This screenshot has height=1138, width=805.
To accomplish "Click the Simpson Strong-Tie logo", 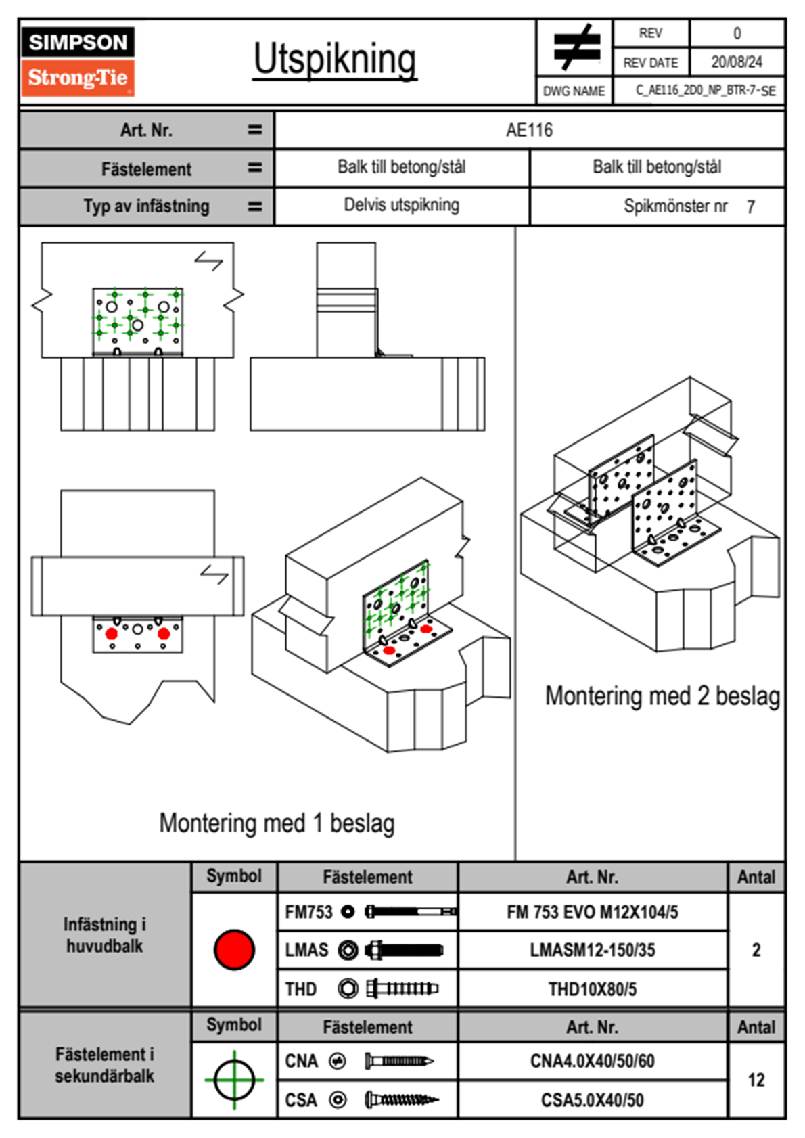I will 78,61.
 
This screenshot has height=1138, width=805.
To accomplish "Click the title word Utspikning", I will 335,60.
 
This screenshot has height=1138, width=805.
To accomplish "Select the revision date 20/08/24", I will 736,62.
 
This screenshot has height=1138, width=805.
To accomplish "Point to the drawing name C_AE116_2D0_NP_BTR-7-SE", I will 705,91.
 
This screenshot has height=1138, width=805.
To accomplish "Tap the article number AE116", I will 529,130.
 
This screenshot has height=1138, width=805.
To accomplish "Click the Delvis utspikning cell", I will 401,205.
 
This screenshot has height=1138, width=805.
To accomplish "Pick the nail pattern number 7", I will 750,207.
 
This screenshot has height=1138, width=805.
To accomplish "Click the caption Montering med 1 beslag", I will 277,823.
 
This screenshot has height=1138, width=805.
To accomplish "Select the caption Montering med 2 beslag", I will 662,696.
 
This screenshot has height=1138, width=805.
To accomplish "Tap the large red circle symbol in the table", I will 234,949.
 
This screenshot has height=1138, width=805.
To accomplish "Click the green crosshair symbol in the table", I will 234,1080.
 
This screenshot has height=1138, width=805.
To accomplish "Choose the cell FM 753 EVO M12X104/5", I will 592,912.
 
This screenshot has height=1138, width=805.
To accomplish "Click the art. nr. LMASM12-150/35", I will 592,950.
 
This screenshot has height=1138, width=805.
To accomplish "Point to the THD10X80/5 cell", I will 592,989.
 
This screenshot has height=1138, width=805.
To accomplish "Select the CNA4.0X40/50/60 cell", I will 592,1061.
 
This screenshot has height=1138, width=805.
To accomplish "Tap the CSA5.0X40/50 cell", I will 592,1100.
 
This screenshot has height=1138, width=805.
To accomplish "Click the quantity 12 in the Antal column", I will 756,1080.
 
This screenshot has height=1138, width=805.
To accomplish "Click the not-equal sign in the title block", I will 576,48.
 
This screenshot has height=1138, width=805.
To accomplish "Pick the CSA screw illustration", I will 400,1100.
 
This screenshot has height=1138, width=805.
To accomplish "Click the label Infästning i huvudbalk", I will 105,935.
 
